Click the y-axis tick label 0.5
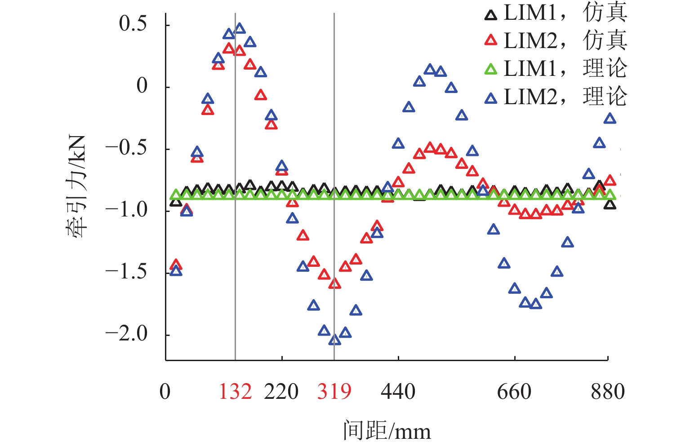(x=133, y=23)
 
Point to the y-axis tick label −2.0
(x=126, y=334)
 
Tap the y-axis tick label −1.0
(x=126, y=210)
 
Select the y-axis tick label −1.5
(x=126, y=272)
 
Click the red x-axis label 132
(x=235, y=392)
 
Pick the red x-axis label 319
(x=334, y=392)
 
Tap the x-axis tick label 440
(x=398, y=392)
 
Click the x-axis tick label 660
(x=514, y=392)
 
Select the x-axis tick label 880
(x=608, y=392)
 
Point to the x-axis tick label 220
(x=281, y=392)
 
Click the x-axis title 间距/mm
(x=387, y=430)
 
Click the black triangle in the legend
(x=491, y=15)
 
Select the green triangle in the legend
(x=491, y=70)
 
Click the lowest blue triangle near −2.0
(x=334, y=340)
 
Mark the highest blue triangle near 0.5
(x=240, y=29)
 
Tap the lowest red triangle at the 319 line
(x=334, y=283)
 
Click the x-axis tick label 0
(x=165, y=392)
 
